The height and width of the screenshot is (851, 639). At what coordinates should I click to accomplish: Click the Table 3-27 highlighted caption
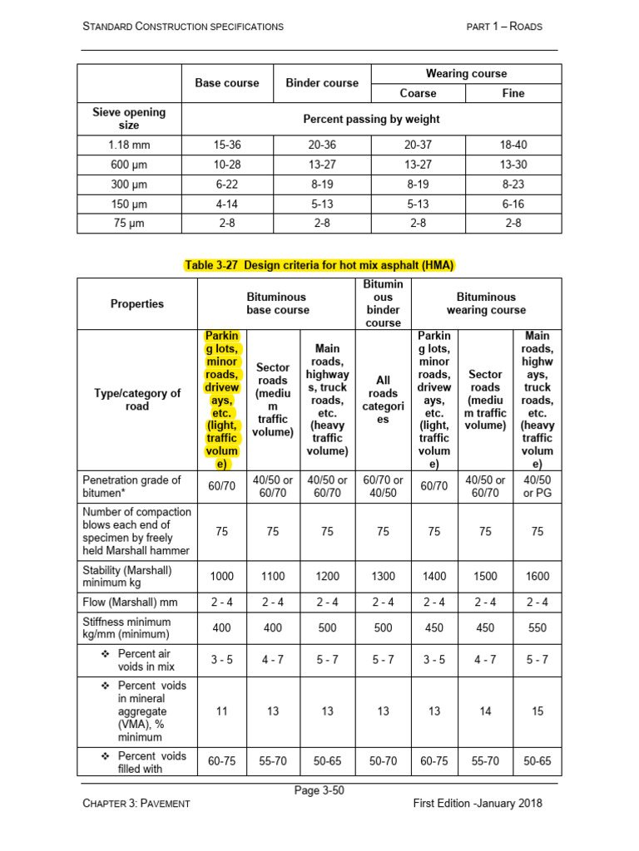319,265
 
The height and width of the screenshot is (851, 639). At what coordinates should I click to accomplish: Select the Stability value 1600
537,576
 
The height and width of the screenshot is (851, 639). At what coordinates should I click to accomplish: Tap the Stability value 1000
221,576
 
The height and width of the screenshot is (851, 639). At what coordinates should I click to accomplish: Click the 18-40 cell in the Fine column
513,145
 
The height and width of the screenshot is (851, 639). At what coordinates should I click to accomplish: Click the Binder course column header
322,83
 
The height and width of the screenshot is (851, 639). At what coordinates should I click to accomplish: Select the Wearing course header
466,73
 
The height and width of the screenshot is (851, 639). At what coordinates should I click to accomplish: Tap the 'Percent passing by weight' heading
371,119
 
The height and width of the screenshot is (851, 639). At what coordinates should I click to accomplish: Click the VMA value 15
537,711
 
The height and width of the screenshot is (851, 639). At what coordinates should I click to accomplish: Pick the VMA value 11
221,711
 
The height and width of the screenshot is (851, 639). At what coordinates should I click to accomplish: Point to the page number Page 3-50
319,790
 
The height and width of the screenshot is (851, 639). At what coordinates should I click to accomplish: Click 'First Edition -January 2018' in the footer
477,804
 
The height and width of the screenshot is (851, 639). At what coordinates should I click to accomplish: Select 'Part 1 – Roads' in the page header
504,27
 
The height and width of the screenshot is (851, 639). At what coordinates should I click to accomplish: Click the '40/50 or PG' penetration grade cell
537,486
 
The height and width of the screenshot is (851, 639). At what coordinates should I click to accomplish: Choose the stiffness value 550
537,628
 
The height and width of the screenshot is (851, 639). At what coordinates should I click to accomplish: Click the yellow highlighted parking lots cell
221,400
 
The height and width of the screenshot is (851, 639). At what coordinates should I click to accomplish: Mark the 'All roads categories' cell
383,400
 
